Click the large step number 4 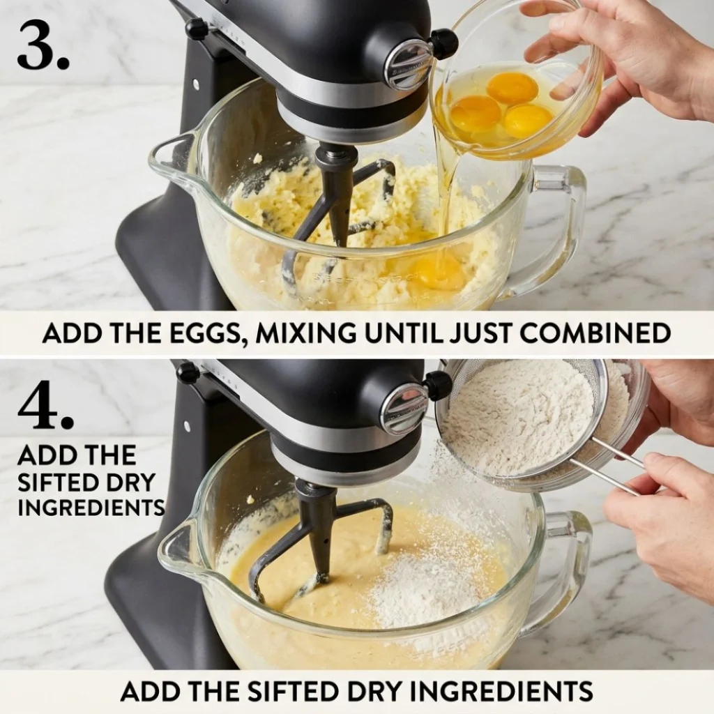(x=45, y=407)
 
